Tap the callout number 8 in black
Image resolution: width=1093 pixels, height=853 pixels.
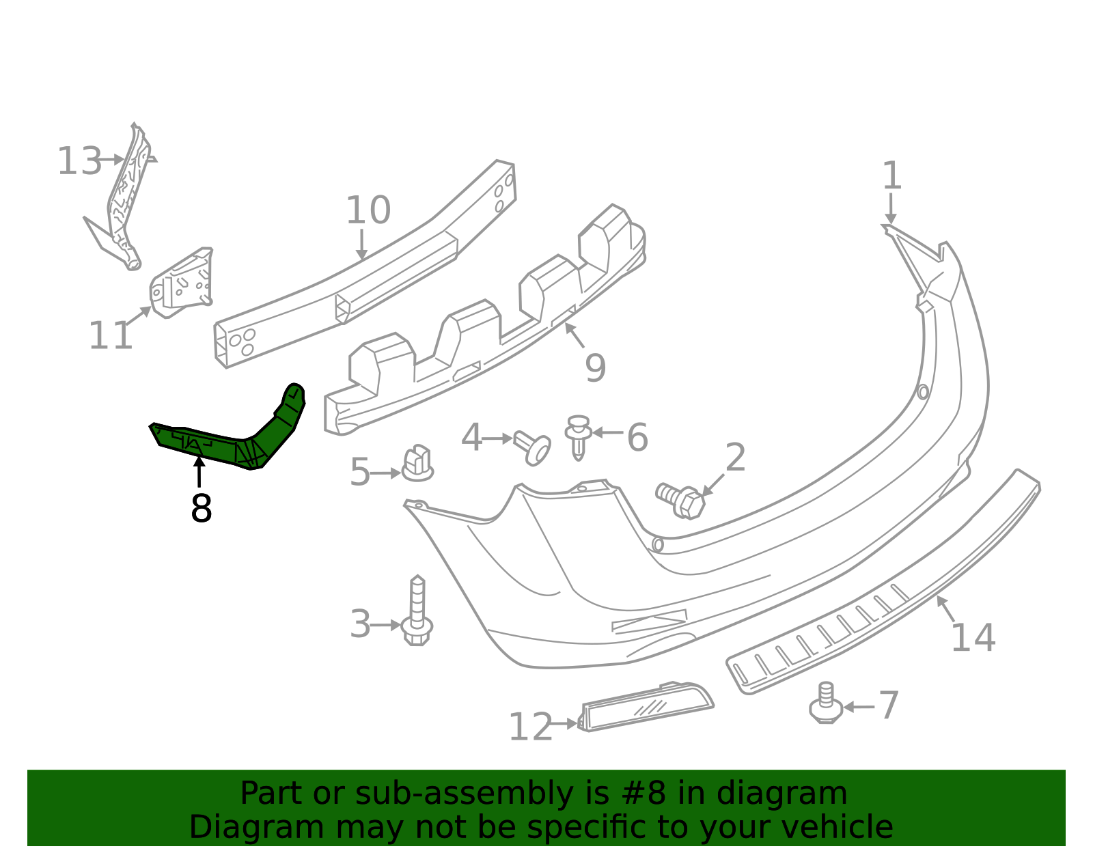(201, 509)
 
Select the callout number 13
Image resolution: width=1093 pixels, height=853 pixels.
(79, 163)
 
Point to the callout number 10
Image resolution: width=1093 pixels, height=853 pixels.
(368, 210)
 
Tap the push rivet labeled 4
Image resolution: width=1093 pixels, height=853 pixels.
(533, 448)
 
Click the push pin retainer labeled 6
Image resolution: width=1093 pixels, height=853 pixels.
(578, 436)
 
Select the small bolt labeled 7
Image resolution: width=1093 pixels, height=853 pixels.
(825, 703)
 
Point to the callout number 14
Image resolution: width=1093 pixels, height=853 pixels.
(972, 638)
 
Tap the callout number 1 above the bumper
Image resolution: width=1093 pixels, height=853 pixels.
(891, 176)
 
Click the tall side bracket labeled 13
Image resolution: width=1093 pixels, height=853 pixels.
(125, 198)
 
